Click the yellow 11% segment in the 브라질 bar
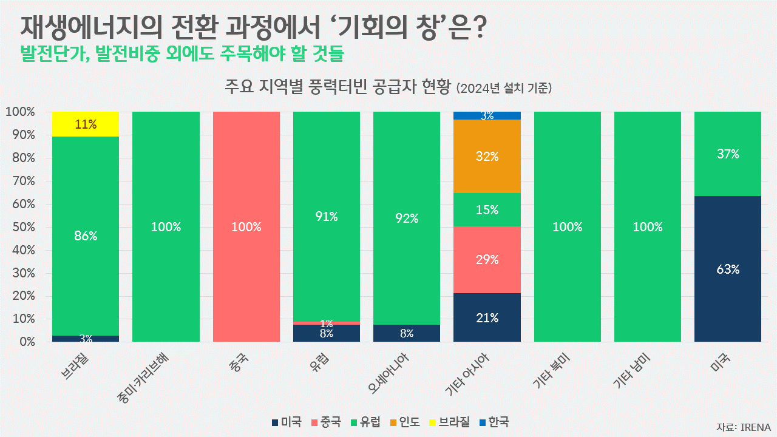click(x=86, y=124)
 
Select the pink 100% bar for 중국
click(x=246, y=226)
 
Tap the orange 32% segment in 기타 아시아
click(x=487, y=156)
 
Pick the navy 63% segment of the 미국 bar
click(x=727, y=269)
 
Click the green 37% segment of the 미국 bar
click(x=727, y=154)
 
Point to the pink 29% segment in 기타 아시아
click(x=487, y=260)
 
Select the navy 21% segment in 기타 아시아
click(x=487, y=317)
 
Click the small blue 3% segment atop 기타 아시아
click(x=487, y=115)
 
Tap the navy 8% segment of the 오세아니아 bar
click(x=407, y=333)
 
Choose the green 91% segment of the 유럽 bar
click(x=327, y=217)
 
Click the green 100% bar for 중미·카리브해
click(x=166, y=226)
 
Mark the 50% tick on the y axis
click(x=20, y=227)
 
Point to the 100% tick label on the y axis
click(x=20, y=112)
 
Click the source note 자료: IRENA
click(x=743, y=426)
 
